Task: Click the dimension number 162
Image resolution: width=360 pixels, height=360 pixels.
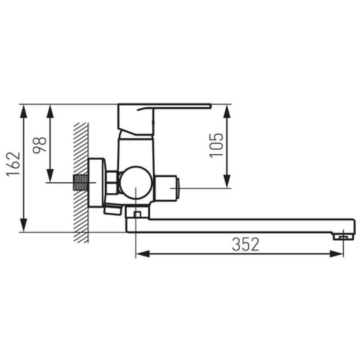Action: click(x=13, y=164)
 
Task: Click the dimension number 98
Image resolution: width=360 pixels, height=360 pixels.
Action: click(x=40, y=145)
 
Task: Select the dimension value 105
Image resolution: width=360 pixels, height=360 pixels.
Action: click(x=216, y=145)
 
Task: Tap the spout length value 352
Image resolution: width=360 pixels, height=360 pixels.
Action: click(x=245, y=244)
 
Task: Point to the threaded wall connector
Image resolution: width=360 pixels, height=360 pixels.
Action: click(x=81, y=183)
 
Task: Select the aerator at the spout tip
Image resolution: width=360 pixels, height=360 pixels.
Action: click(x=343, y=237)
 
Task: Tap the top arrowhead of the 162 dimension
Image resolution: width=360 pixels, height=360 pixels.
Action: click(x=23, y=111)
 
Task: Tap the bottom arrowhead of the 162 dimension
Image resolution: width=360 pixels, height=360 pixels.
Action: click(x=23, y=225)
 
